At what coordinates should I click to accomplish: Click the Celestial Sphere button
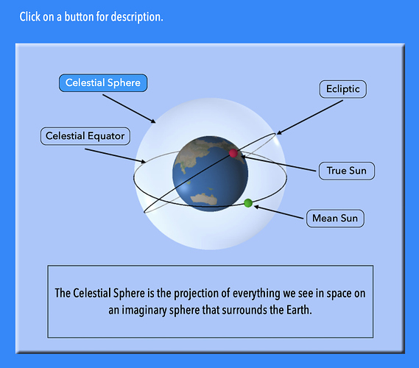click(x=103, y=82)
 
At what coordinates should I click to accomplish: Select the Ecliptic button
click(x=343, y=89)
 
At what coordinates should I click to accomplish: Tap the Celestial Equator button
click(x=85, y=136)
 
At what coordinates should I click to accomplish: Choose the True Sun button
click(x=347, y=171)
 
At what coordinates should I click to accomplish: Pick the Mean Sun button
click(x=335, y=218)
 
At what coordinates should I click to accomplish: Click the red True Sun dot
click(x=233, y=153)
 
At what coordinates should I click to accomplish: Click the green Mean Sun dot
click(x=248, y=203)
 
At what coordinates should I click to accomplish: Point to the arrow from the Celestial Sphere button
click(x=129, y=108)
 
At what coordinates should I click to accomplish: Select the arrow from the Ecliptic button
click(x=310, y=117)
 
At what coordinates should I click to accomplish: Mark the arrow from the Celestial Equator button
click(x=116, y=155)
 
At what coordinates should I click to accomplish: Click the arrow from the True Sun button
click(x=278, y=163)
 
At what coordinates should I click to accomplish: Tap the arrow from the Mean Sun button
click(x=278, y=212)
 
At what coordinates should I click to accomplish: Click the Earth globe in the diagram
click(x=210, y=174)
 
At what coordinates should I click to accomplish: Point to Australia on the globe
click(x=203, y=199)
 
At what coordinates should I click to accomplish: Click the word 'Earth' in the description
click(x=299, y=310)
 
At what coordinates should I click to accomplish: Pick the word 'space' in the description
click(x=339, y=294)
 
